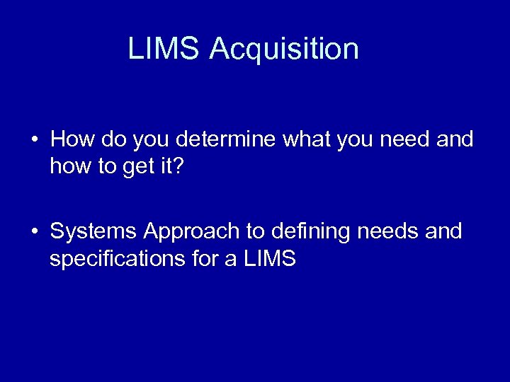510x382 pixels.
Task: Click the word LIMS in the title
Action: (x=164, y=49)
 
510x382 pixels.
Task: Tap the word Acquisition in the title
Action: (x=284, y=49)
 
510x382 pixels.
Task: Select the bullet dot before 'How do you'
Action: (x=34, y=140)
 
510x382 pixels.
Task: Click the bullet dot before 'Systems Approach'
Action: (x=34, y=232)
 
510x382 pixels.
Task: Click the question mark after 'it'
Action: (x=178, y=166)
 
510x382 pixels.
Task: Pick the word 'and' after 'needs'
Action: (x=445, y=231)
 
